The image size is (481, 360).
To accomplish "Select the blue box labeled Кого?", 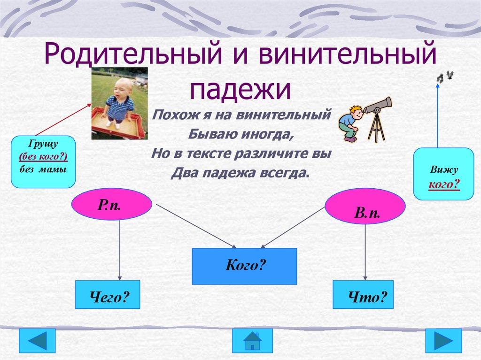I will [x=244, y=266].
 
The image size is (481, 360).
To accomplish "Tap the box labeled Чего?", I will [x=108, y=294].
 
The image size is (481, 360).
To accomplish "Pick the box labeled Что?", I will [x=363, y=294].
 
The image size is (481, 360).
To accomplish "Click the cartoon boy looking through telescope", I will [x=350, y=123].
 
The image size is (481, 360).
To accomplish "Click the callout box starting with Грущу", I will [x=43, y=161].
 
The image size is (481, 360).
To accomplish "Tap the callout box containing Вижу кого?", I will [x=443, y=174].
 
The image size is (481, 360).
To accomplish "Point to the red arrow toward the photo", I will [x=63, y=120].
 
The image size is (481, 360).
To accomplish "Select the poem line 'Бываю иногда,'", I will [x=240, y=134].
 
